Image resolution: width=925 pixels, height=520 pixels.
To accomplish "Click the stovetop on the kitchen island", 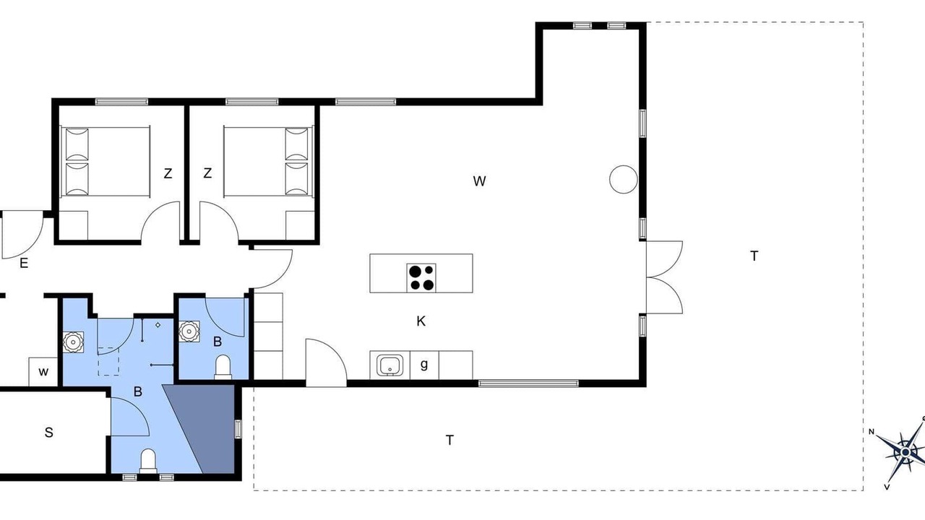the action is click(x=421, y=278).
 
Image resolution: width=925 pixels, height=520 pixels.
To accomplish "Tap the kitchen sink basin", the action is click(x=390, y=365).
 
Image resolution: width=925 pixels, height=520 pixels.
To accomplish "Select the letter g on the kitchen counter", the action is click(x=424, y=365).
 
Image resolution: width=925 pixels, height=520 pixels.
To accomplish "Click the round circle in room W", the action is click(x=624, y=180).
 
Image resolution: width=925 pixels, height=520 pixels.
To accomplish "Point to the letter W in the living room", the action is click(x=479, y=181).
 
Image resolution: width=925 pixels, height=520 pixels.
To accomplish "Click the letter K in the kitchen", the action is click(x=421, y=321).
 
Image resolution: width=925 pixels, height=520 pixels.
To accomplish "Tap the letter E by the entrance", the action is click(x=24, y=263).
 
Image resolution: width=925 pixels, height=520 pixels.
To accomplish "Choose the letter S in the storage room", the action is click(x=48, y=433).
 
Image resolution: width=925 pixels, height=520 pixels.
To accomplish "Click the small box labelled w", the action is click(x=43, y=372).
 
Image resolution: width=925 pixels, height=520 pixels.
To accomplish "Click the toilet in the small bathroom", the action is click(x=223, y=366).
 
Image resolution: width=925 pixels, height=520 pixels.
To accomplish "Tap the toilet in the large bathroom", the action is click(x=148, y=461).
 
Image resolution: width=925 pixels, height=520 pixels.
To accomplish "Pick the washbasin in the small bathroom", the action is click(x=189, y=331).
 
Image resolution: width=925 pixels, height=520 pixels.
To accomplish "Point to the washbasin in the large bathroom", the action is click(x=74, y=342).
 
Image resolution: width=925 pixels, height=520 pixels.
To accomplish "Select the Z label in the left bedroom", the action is click(x=168, y=174).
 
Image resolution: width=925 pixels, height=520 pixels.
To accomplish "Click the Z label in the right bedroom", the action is click(x=207, y=173).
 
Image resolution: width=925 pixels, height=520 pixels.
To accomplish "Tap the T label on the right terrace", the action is click(x=754, y=256).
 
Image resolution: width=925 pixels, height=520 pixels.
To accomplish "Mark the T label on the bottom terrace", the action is click(x=449, y=441).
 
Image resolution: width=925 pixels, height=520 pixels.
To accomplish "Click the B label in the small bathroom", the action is click(x=218, y=342).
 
